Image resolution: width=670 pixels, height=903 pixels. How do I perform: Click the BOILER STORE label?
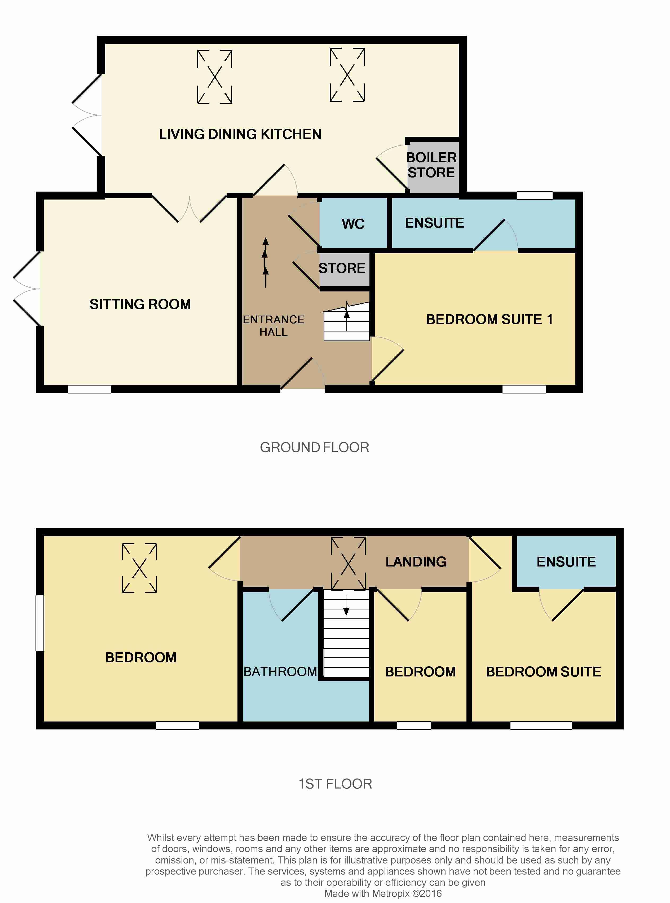[x=431, y=165]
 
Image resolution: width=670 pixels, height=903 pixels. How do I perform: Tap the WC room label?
[x=353, y=224]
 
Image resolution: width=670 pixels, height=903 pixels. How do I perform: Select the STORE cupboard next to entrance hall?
[x=342, y=268]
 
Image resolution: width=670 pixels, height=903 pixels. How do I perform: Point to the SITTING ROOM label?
[x=140, y=304]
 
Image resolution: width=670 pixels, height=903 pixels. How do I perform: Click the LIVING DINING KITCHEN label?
[x=240, y=134]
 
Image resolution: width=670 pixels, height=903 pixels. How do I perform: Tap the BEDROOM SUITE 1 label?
[x=489, y=320]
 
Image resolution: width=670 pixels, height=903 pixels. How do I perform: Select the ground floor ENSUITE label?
[x=434, y=223]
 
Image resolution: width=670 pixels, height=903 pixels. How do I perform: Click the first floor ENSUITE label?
[x=566, y=561]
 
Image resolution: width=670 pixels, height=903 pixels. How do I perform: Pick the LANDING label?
[x=416, y=561]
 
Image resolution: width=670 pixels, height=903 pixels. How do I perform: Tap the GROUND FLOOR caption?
[x=314, y=447]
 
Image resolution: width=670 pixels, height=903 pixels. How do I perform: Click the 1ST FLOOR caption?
[x=335, y=784]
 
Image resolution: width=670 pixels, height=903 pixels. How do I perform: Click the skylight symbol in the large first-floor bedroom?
[x=139, y=568]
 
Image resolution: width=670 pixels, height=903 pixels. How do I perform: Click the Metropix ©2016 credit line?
[x=383, y=893]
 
